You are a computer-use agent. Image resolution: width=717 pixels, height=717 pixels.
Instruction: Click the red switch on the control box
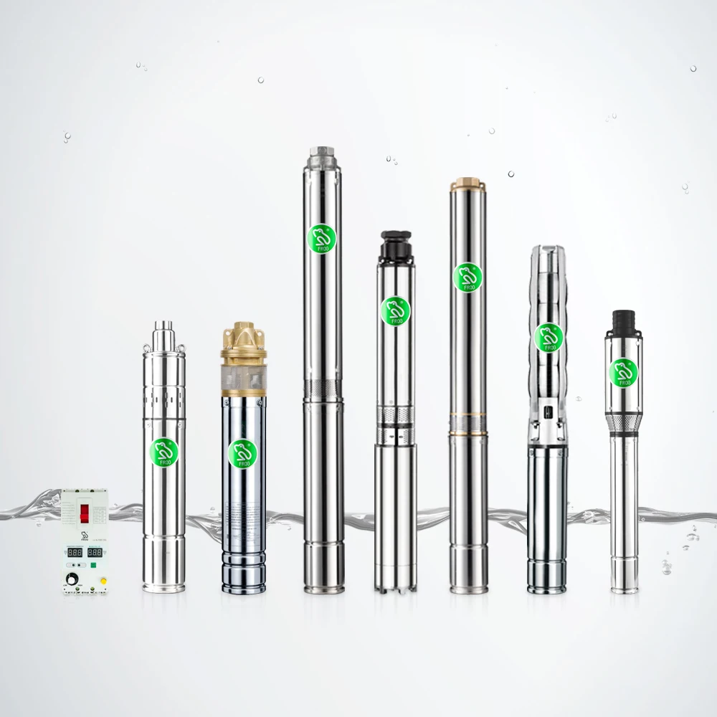(x=85, y=513)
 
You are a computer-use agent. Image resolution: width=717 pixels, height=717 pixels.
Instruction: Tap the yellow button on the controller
(x=104, y=579)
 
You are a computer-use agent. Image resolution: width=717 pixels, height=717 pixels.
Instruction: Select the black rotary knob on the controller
(x=73, y=576)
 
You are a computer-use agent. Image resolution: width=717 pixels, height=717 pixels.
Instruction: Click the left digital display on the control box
(x=74, y=553)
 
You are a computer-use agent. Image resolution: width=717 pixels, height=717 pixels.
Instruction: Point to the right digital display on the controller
(x=95, y=553)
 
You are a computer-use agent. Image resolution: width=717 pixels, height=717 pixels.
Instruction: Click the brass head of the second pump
(x=243, y=343)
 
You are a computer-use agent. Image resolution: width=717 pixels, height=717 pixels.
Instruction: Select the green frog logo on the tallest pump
(x=318, y=237)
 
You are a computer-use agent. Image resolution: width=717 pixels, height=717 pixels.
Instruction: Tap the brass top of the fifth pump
(x=468, y=185)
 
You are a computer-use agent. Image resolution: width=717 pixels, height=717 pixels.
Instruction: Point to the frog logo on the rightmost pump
(x=624, y=371)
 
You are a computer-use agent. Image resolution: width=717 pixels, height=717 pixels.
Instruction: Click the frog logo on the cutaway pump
(x=549, y=336)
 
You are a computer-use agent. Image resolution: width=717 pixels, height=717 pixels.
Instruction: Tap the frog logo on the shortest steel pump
(x=164, y=451)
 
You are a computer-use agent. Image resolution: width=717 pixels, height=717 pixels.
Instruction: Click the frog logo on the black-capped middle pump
(x=394, y=310)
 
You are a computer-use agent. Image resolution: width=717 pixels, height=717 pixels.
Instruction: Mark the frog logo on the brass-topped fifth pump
(x=467, y=276)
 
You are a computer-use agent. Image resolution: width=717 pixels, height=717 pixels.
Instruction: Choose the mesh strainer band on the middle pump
(x=394, y=416)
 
